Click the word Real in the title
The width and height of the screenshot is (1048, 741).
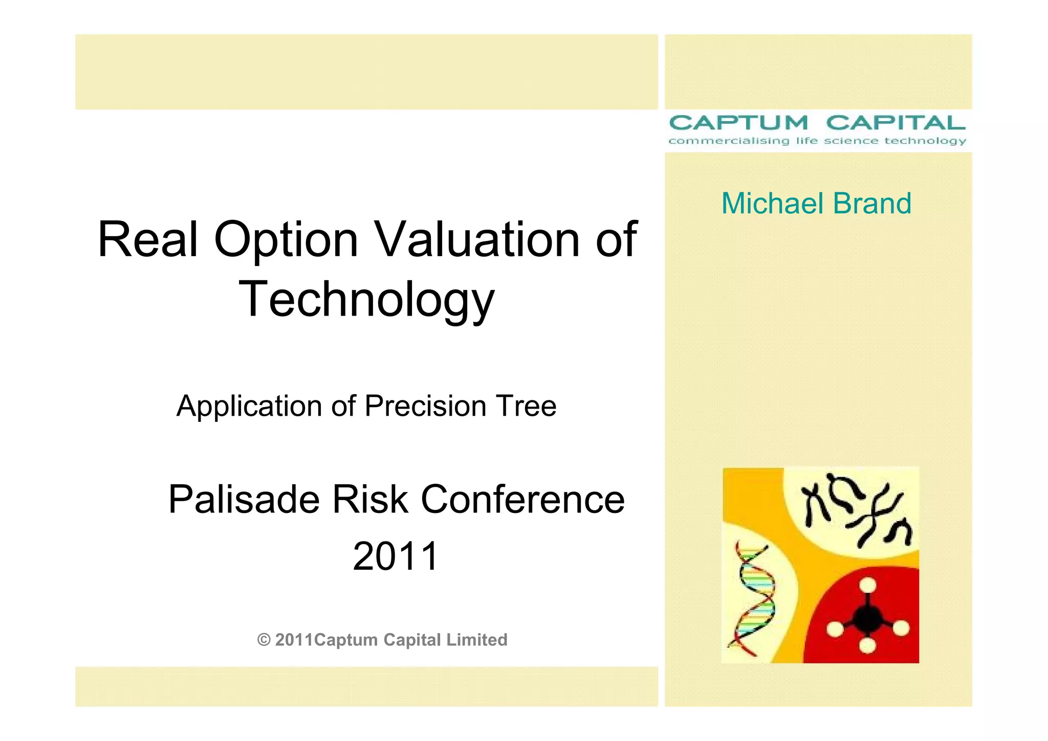(147, 239)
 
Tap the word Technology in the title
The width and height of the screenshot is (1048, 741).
(366, 300)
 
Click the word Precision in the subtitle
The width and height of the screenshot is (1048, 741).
(425, 406)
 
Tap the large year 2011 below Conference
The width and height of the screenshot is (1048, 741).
(396, 556)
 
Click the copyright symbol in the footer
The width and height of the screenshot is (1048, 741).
(264, 640)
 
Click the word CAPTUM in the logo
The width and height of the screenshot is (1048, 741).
(738, 123)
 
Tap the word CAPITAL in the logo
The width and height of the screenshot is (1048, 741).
(896, 123)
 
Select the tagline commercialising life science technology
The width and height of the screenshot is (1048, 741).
(817, 141)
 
